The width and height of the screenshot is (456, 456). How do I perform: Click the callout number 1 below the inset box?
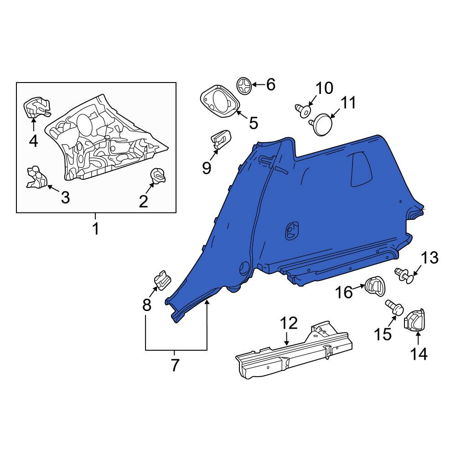tap(95, 228)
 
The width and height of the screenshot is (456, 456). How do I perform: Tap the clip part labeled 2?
tap(158, 176)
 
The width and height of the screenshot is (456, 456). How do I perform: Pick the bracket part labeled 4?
tap(36, 107)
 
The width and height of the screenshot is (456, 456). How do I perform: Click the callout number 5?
tap(254, 123)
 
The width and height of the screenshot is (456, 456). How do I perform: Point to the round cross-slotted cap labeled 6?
tap(244, 86)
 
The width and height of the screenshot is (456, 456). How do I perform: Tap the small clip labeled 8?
tap(162, 280)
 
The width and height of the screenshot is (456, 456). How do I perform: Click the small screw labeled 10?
tap(303, 110)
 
